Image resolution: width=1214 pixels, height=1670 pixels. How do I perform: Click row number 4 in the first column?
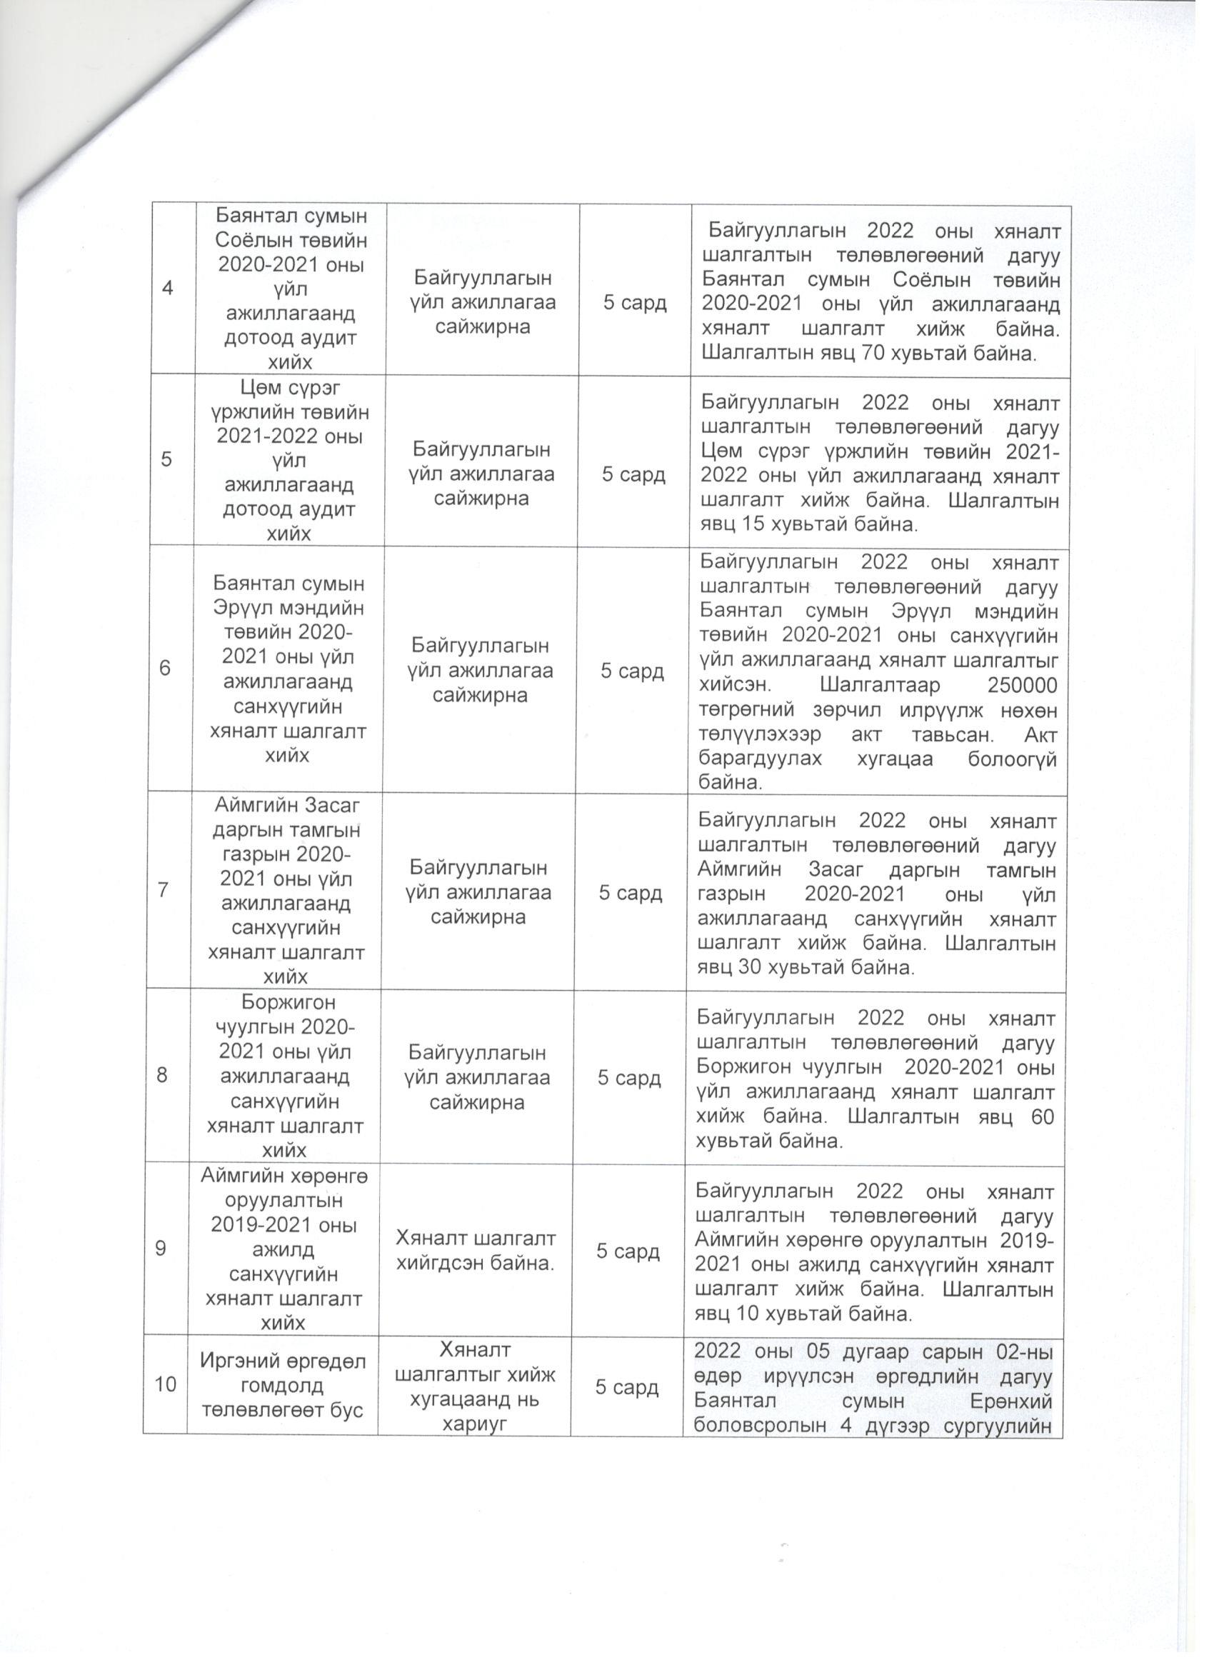(168, 287)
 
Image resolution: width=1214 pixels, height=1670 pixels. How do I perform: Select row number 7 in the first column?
(163, 890)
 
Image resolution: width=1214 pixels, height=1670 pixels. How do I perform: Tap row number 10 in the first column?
(166, 1384)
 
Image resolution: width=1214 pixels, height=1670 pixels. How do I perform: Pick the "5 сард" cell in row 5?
(634, 474)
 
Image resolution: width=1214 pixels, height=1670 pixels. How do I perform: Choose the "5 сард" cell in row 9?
(628, 1251)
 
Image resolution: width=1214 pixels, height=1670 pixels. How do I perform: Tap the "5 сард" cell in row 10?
(627, 1387)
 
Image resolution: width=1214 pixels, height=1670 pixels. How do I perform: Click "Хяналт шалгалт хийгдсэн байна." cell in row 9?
(476, 1251)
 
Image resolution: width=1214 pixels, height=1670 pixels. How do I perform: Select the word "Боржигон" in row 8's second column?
(289, 1002)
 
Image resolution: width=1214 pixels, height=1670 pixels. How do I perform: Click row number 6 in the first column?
(165, 668)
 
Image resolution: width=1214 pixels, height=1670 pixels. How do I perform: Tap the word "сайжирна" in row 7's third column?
(478, 916)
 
